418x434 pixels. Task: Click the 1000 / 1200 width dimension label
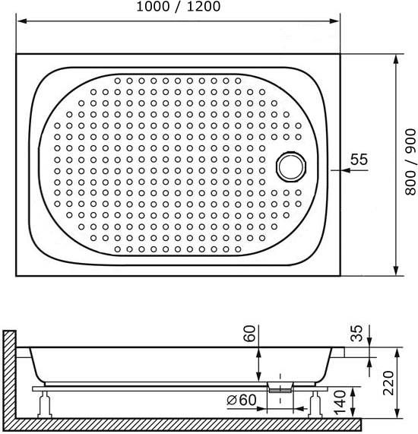tap(179, 6)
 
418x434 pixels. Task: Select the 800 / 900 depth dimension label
tap(410, 162)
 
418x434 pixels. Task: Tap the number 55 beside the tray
tap(359, 159)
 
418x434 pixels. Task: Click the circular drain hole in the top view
tap(291, 166)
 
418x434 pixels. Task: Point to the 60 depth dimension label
tap(250, 334)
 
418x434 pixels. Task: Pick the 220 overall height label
tap(388, 383)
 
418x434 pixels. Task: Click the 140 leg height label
tap(340, 403)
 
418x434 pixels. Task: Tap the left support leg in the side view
tap(45, 404)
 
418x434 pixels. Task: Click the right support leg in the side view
tap(315, 404)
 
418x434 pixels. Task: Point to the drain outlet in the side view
tap(280, 387)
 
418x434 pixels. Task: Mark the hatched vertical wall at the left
tap(9, 374)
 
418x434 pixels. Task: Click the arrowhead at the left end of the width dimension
tap(21, 21)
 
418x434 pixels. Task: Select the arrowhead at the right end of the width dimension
tap(334, 21)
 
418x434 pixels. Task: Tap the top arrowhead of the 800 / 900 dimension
tap(396, 59)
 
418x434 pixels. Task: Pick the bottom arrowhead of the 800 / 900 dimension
tap(396, 271)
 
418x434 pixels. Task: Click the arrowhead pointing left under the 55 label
tap(346, 170)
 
